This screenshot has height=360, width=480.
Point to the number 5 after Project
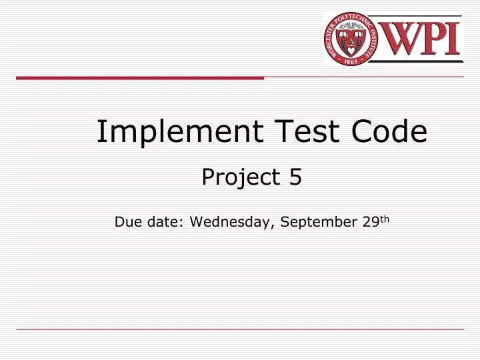tap(295, 177)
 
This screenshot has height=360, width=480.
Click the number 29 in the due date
tap(371, 222)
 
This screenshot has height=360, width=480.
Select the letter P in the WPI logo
tap(434, 39)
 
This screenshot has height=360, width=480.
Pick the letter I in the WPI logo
tap(454, 39)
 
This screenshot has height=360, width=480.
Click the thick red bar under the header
tap(140, 78)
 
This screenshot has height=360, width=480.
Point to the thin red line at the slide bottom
tap(240, 329)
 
